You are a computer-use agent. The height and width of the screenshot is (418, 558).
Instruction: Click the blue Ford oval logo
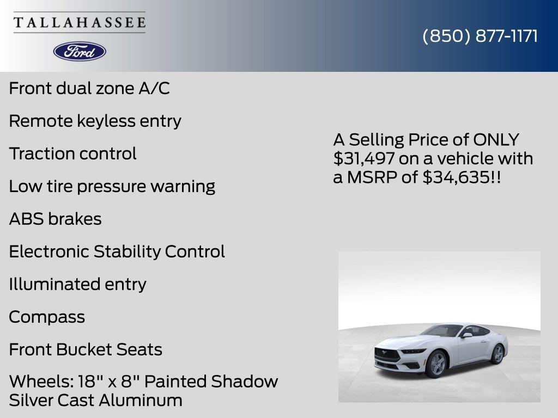(80, 52)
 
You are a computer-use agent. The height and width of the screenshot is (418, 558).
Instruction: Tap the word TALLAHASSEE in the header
(80, 22)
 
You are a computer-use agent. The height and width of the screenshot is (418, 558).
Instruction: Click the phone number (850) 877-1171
(480, 36)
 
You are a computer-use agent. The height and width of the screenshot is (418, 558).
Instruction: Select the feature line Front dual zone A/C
(89, 88)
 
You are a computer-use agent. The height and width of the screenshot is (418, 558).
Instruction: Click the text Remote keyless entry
(95, 121)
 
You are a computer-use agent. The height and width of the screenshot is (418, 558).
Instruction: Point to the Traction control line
(72, 153)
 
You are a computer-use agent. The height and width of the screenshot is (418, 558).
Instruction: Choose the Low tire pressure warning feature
(112, 186)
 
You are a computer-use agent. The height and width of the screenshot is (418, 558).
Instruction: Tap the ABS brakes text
(55, 219)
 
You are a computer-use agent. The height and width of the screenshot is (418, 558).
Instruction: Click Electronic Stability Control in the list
(117, 251)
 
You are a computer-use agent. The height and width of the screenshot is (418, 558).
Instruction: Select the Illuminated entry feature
(77, 284)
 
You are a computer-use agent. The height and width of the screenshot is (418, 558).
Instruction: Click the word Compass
(47, 317)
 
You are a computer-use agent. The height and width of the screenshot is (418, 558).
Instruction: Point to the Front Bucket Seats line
(86, 349)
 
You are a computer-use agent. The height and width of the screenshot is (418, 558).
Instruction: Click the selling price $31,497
(363, 159)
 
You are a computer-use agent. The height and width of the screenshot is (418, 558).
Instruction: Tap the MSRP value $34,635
(457, 177)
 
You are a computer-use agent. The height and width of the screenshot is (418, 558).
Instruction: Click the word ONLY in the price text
(496, 140)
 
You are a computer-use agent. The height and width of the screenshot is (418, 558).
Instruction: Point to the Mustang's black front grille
(388, 355)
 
